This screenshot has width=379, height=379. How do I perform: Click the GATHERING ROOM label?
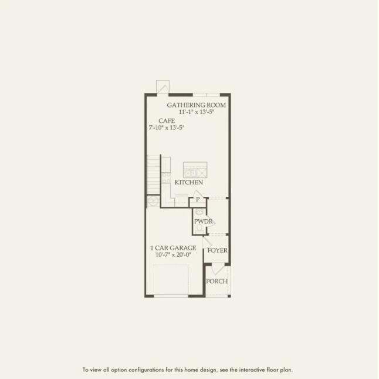click(196, 105)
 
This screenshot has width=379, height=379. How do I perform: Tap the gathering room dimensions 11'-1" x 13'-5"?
click(196, 112)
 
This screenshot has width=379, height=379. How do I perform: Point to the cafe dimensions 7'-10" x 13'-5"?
click(167, 128)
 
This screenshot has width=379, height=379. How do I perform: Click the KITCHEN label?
click(189, 183)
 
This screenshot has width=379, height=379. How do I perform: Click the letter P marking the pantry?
click(198, 200)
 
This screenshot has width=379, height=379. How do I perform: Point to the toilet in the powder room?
click(199, 227)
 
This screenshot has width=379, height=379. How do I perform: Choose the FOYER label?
click(217, 251)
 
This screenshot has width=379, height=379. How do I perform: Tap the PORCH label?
click(216, 281)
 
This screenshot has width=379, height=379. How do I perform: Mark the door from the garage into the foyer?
click(207, 242)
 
